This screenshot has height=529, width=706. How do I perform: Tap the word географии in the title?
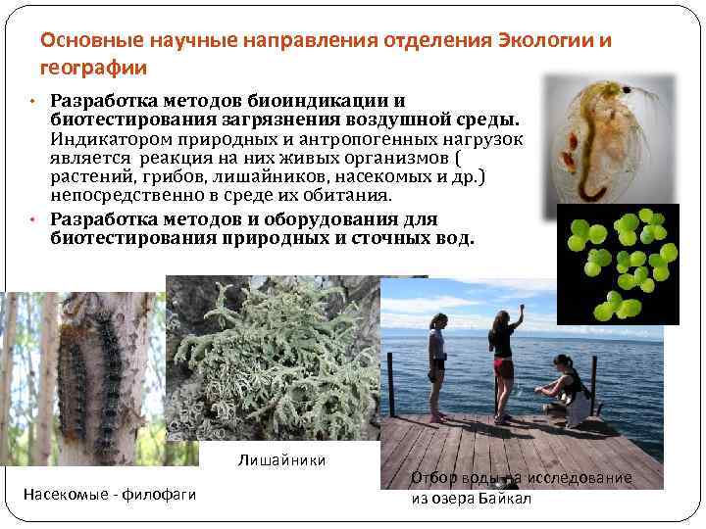(94, 68)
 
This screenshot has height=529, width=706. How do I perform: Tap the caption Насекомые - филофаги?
(110, 495)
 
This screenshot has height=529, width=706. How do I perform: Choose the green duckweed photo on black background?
(618, 262)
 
